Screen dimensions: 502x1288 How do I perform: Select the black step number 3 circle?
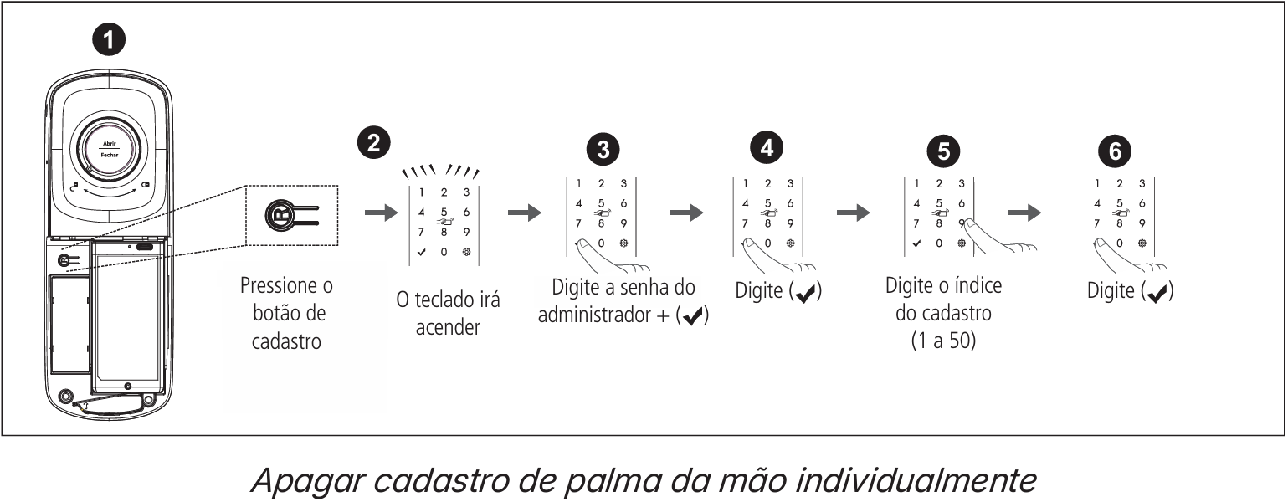click(x=603, y=148)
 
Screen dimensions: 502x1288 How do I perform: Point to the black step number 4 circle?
click(x=767, y=146)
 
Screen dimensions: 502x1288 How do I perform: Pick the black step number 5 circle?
click(x=943, y=150)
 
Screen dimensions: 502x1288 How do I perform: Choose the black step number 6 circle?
click(x=1114, y=150)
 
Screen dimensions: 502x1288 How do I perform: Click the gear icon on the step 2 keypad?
click(x=466, y=252)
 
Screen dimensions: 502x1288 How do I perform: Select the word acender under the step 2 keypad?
click(x=448, y=326)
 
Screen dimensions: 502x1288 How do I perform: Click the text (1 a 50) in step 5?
click(x=943, y=341)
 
